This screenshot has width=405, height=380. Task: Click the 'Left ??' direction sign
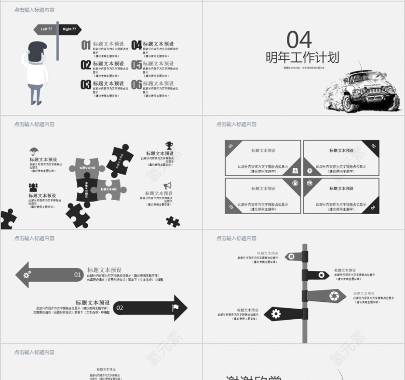click(46, 29)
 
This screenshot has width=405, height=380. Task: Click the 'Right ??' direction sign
click(69, 29)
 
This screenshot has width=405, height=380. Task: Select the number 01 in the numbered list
click(86, 45)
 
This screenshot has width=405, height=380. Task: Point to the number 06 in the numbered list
click(136, 85)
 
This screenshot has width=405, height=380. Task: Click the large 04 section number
click(299, 40)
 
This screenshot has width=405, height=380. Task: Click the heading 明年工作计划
click(302, 58)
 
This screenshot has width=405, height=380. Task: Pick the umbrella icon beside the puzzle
click(34, 150)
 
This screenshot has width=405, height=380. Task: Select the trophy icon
click(169, 145)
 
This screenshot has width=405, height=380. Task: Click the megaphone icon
click(168, 185)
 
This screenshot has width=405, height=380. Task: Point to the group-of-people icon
click(33, 187)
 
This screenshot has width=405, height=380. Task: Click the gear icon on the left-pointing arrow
click(27, 274)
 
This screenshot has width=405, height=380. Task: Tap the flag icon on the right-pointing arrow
click(175, 307)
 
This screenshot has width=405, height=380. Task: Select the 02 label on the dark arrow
click(120, 308)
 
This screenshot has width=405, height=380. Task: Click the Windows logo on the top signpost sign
click(292, 257)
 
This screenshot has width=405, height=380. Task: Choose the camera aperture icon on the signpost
click(333, 295)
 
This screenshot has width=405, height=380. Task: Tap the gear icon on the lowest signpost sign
click(276, 314)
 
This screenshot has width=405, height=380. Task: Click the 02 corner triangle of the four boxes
click(373, 146)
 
